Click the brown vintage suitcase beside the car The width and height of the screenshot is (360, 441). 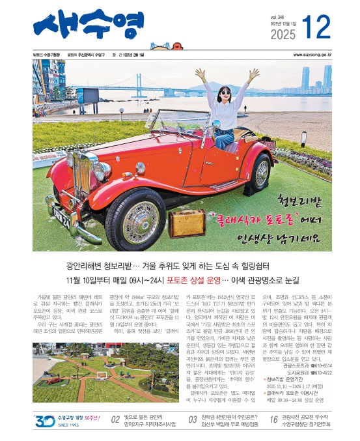coord(187,222)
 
